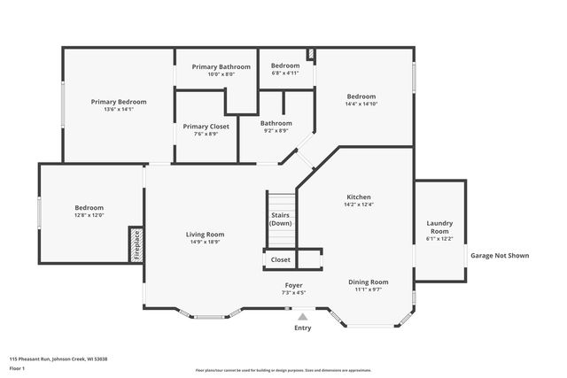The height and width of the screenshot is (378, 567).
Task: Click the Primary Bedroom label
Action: pyautogui.click(x=119, y=102)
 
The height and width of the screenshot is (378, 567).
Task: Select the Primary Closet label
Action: pyautogui.click(x=206, y=127)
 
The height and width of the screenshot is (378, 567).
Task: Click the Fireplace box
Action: pyautogui.click(x=136, y=244)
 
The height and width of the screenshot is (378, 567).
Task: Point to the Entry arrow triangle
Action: pyautogui.click(x=302, y=316)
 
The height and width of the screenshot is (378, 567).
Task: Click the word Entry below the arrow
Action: pyautogui.click(x=302, y=328)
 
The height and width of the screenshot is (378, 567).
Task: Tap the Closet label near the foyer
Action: pyautogui.click(x=280, y=260)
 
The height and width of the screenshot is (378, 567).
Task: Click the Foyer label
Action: pyautogui.click(x=293, y=285)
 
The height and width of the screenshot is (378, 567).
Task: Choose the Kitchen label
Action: pyautogui.click(x=358, y=197)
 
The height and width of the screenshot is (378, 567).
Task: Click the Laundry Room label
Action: pyautogui.click(x=439, y=227)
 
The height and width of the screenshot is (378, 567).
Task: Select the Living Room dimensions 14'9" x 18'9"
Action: pyautogui.click(x=204, y=242)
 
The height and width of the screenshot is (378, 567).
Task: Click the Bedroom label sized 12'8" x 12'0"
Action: pyautogui.click(x=89, y=207)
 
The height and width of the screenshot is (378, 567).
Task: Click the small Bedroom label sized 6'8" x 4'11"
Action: pyautogui.click(x=285, y=66)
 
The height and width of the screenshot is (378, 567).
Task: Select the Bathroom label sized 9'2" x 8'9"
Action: pyautogui.click(x=276, y=123)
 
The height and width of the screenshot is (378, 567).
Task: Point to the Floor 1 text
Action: pyautogui.click(x=17, y=367)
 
